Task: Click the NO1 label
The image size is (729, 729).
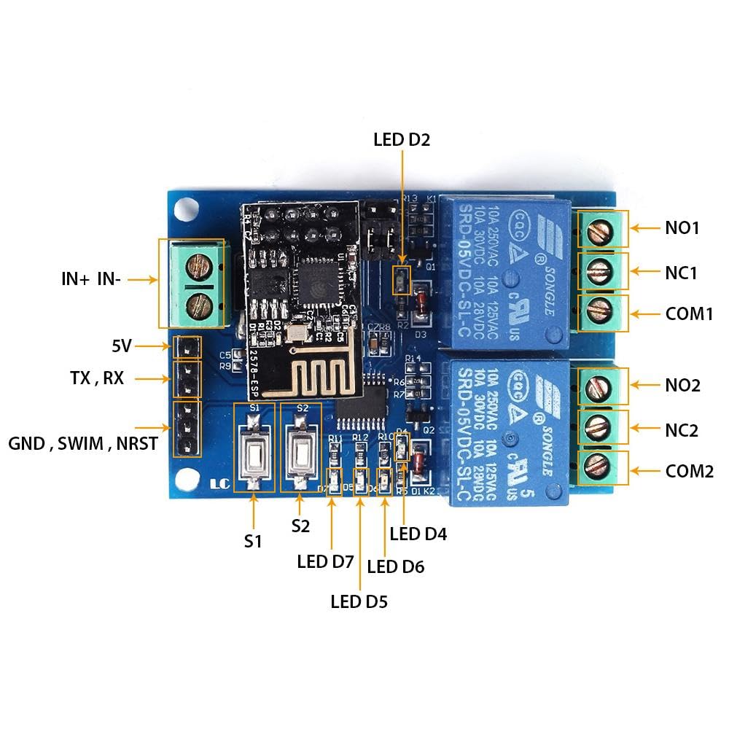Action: point(682,228)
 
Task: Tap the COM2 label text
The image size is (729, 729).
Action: point(689,471)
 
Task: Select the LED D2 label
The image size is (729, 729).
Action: point(401,139)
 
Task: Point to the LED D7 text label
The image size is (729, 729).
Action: point(325,562)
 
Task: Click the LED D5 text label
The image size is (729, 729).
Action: point(359,602)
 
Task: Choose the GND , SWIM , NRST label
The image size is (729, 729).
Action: point(83,443)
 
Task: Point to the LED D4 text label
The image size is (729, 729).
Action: point(418,534)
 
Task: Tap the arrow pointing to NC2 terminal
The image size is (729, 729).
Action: point(643,429)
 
